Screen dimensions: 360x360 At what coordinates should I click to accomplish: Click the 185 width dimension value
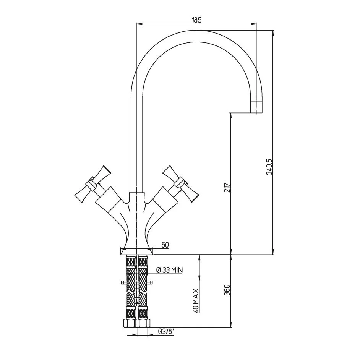[x=196, y=20]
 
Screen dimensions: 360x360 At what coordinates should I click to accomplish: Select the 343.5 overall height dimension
[x=269, y=167]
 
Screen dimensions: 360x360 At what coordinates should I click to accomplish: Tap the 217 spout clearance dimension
[x=227, y=188]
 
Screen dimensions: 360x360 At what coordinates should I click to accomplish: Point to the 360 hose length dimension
[x=227, y=290]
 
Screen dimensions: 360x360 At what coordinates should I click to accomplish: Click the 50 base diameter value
[x=165, y=245]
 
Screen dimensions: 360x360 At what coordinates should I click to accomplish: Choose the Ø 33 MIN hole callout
[x=169, y=270]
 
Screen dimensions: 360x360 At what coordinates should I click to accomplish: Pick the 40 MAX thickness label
[x=196, y=300]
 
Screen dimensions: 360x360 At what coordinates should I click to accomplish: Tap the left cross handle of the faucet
[x=92, y=184]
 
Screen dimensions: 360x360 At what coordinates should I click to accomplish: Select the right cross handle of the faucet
[x=180, y=184]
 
